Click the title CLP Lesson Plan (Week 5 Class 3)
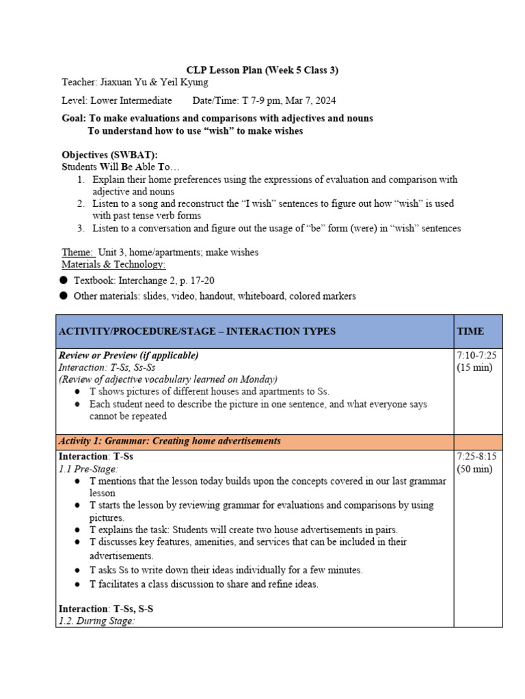click(x=262, y=70)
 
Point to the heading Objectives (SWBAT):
click(x=110, y=155)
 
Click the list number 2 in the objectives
click(x=81, y=203)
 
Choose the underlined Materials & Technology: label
click(x=114, y=264)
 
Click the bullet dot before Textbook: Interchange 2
click(x=64, y=280)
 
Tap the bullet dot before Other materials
click(x=64, y=296)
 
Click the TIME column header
click(x=470, y=331)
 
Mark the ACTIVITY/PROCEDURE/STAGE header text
click(x=198, y=331)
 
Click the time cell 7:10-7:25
click(x=476, y=356)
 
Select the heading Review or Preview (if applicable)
click(x=129, y=355)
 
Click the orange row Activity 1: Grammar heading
click(x=170, y=441)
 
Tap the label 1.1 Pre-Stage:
click(x=88, y=469)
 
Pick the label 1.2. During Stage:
click(x=96, y=621)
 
